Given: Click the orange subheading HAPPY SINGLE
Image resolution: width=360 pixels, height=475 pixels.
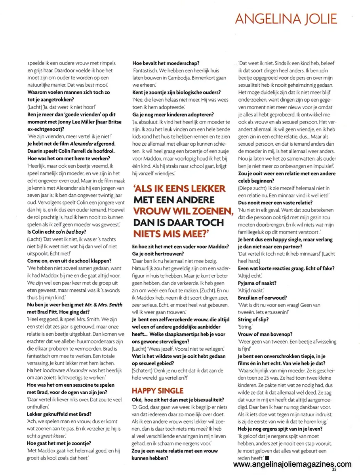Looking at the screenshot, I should [x=158, y=391].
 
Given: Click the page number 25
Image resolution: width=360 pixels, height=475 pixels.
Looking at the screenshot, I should [x=334, y=469].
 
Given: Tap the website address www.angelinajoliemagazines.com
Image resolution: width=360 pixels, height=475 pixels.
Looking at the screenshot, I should [x=292, y=464].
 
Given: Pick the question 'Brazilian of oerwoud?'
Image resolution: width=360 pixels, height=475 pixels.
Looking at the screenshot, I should [x=262, y=297].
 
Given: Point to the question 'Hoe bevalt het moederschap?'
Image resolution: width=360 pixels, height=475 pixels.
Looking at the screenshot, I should [x=166, y=63].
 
